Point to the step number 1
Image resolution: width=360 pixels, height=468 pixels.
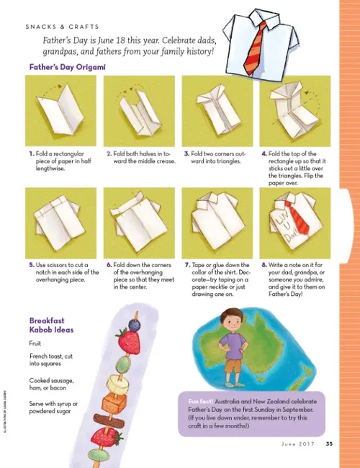[x=32, y=153]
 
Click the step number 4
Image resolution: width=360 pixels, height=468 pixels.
[x=264, y=153]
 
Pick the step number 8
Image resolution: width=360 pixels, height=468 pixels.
[x=264, y=264]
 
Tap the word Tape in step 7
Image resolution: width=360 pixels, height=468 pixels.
[x=202, y=264]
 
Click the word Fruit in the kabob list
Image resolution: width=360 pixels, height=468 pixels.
[x=37, y=343]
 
